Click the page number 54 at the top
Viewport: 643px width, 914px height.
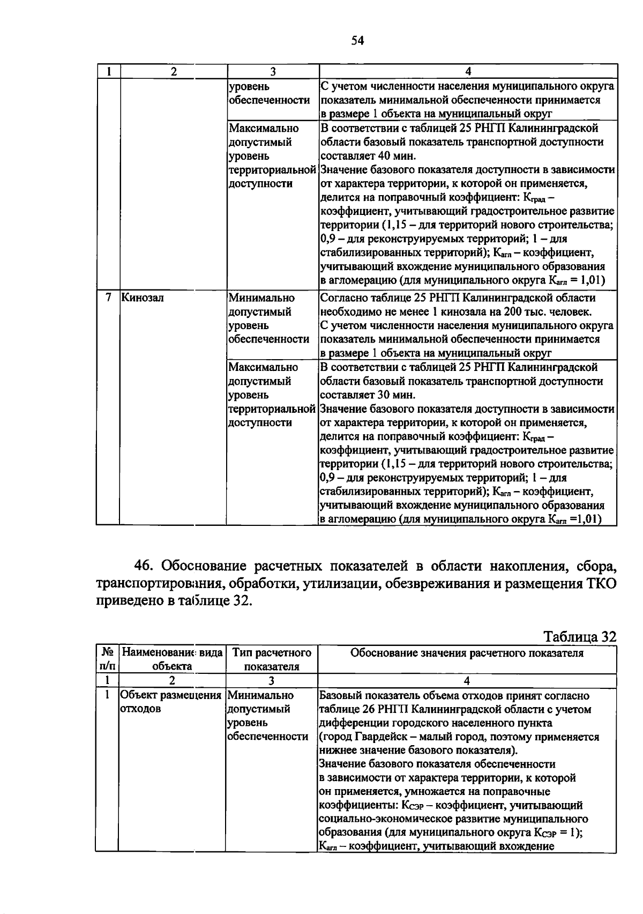coord(357,41)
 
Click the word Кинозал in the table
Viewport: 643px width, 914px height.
coord(143,298)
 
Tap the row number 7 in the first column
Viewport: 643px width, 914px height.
coord(109,298)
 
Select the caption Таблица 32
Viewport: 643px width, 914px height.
coord(580,636)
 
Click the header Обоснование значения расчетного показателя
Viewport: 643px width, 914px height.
coord(467,653)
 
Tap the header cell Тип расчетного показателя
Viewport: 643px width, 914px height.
coord(272,659)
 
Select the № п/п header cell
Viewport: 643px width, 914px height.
coord(108,659)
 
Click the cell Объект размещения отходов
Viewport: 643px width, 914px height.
coord(170,702)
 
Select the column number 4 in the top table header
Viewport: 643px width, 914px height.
coord(468,71)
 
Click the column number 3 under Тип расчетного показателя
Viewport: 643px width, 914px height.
coord(272,681)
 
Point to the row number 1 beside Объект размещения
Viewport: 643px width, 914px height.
coord(108,695)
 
